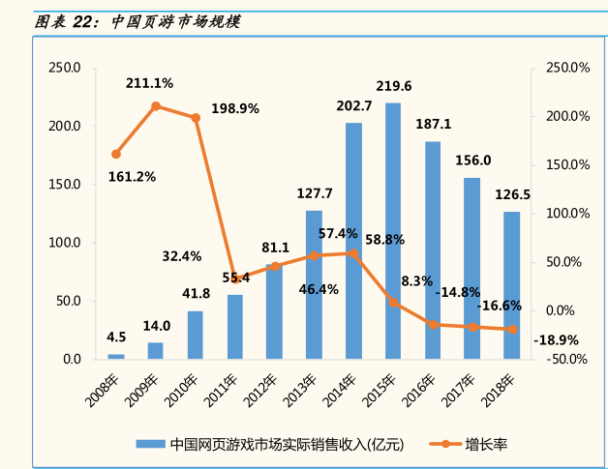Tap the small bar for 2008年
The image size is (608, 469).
[116, 356]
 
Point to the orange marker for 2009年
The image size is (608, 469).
[156, 106]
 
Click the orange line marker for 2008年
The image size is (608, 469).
[116, 154]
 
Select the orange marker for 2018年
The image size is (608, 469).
[512, 330]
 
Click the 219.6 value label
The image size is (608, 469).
[393, 86]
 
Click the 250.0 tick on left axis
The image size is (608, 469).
[65, 68]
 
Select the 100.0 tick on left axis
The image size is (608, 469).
[65, 242]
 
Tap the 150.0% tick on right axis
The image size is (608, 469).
[567, 164]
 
